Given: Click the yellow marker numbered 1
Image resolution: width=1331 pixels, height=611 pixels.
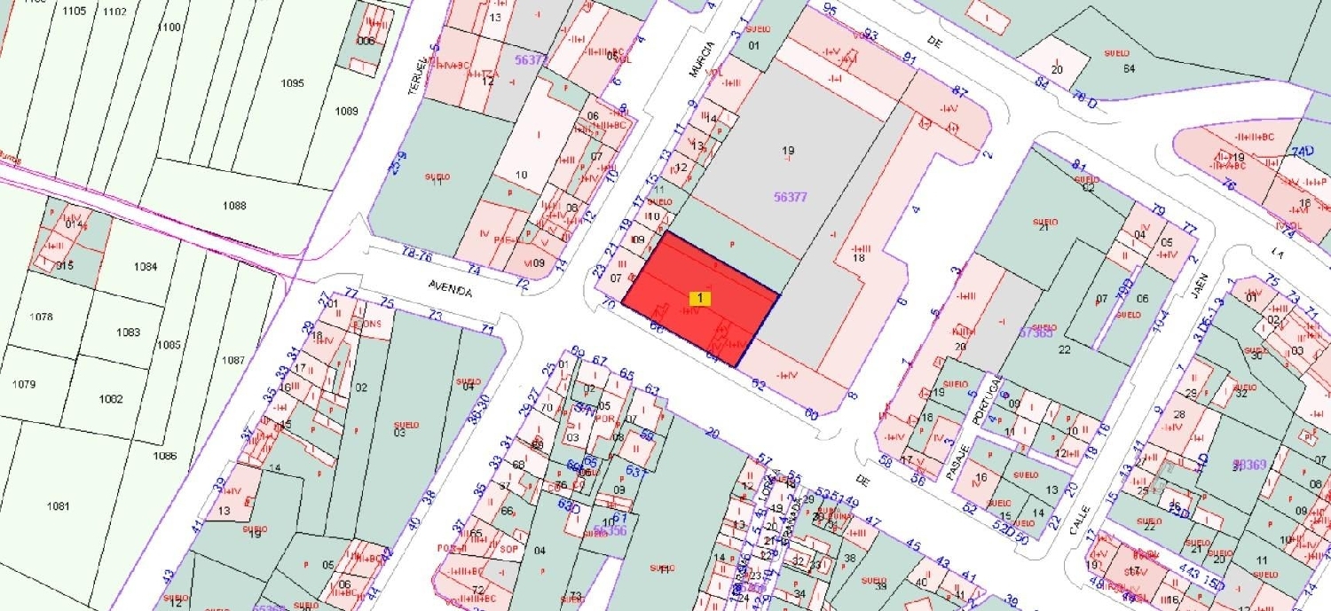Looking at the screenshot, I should [x=700, y=299].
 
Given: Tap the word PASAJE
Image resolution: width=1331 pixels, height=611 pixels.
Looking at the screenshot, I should [x=956, y=461].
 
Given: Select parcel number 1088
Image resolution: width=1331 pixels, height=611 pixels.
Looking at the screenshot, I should [x=234, y=206].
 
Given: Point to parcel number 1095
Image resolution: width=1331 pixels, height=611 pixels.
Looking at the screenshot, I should [x=292, y=83].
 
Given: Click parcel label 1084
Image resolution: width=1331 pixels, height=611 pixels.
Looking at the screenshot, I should [x=145, y=267].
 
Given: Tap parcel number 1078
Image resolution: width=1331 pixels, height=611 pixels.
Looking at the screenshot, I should [x=41, y=317].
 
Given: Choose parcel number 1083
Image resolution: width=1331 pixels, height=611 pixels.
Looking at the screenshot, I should [x=129, y=333].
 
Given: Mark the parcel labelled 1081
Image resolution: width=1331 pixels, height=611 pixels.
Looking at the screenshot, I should [x=58, y=505].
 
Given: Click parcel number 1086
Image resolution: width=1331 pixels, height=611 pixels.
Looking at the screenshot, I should [x=165, y=456].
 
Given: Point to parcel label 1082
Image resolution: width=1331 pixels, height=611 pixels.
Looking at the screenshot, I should [x=111, y=399].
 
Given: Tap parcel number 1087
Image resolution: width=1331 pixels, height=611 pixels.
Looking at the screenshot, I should [x=233, y=360].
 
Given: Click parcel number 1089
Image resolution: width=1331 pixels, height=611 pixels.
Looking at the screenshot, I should [x=346, y=111].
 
